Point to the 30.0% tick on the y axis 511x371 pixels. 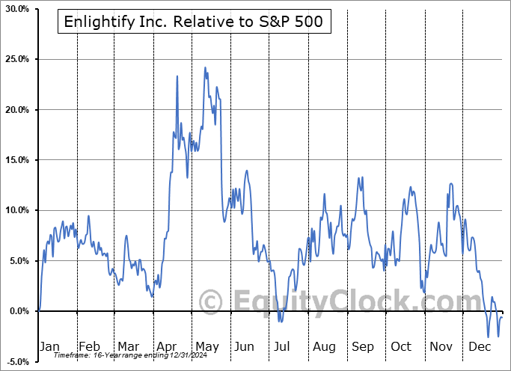pos(16,9)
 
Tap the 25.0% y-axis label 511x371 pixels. pos(16,59)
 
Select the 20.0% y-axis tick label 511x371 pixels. pos(16,110)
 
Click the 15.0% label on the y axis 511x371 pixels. pos(16,160)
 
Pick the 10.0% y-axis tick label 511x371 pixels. pos(16,210)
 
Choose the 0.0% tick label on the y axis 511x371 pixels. pos(18,311)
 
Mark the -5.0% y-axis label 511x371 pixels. pos(17,361)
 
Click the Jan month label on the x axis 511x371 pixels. pos(49,346)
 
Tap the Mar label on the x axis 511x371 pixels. pos(128,346)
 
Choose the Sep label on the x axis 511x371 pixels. pos(363,346)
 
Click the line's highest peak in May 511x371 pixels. pos(205,67)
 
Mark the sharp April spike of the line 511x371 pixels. pos(177,76)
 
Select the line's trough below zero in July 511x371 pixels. pos(280,322)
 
